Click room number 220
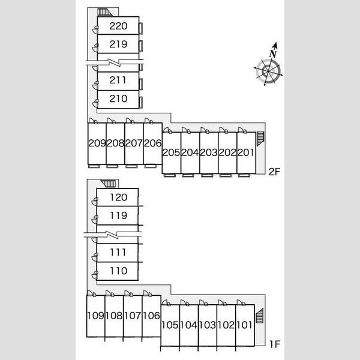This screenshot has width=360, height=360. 118,26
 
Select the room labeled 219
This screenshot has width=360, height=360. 118,44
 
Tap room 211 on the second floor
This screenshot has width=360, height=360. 118,80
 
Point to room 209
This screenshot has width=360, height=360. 97,143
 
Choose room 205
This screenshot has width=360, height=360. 171,152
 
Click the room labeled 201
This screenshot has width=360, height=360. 245,152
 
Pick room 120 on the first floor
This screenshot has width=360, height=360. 118,197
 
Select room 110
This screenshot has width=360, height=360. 118,271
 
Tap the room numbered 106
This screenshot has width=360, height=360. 151,316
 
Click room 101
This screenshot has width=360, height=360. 244,325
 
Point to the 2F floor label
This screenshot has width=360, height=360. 274,172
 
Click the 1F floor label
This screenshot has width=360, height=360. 275,344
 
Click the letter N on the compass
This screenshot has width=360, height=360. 274,54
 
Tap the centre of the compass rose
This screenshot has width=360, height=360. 268,71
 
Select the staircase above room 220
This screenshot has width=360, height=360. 104,13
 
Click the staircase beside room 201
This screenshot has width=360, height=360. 260,139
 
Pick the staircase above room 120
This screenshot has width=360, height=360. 109,184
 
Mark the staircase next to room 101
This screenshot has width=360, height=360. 259,316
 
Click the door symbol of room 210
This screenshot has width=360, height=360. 95,103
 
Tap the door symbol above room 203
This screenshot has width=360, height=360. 205,130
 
